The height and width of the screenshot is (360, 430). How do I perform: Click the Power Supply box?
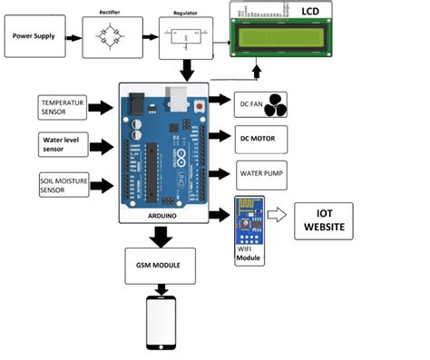[37, 39]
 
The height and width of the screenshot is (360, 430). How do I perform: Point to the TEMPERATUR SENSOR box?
[64, 107]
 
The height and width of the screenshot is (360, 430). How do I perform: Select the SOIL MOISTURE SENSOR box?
[64, 184]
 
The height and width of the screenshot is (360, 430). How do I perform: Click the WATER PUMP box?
[260, 173]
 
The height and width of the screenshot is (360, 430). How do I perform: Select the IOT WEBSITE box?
[324, 220]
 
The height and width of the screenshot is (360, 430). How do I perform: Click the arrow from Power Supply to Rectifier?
[73, 39]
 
